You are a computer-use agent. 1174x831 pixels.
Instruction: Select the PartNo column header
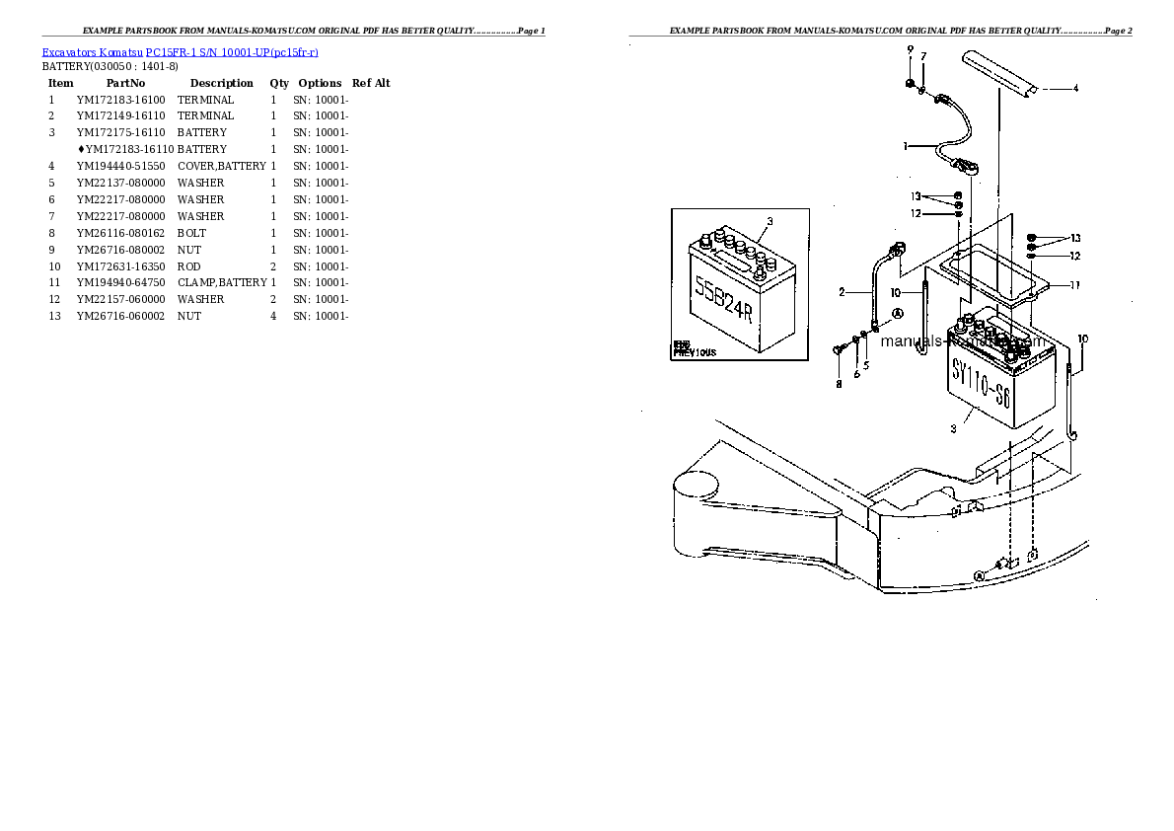[125, 84]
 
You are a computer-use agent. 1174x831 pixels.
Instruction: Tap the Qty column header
[279, 84]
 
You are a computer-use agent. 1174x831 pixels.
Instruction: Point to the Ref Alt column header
[371, 84]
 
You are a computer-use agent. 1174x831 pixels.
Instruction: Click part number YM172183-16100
[121, 100]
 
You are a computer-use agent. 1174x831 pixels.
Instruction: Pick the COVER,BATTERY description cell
[221, 166]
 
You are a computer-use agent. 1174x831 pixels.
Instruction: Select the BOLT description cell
[191, 233]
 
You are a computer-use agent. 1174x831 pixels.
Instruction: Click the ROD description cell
[188, 266]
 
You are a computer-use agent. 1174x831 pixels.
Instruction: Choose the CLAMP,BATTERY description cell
[222, 282]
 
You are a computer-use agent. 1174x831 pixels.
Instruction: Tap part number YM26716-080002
[121, 250]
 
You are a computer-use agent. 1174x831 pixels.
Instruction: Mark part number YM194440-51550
[121, 166]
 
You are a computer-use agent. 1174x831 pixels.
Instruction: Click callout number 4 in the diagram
[1074, 89]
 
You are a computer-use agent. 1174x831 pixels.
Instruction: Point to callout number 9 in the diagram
[910, 49]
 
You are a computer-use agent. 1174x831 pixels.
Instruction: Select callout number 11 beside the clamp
[1074, 285]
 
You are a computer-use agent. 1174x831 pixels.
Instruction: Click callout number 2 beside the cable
[842, 291]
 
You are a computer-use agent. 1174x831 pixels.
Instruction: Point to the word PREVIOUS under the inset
[696, 352]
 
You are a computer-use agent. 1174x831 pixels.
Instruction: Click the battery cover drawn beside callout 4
[998, 76]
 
